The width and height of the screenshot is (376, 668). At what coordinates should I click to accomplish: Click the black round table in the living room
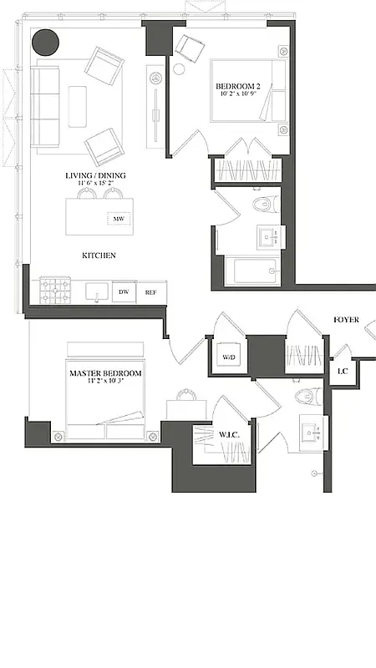[45, 43]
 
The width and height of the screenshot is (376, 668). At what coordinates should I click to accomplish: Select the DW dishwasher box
[124, 292]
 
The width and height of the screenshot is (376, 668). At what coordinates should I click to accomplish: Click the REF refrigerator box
[150, 292]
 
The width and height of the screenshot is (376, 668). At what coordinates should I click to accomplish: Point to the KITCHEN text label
[99, 256]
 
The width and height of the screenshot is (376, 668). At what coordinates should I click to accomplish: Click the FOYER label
[347, 320]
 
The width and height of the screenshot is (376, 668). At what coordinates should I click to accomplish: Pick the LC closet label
[342, 371]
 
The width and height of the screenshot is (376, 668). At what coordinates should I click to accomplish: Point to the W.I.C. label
[231, 434]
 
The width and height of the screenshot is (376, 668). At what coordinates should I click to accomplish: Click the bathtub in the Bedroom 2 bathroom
[251, 271]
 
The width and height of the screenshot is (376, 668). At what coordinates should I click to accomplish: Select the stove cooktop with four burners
[55, 291]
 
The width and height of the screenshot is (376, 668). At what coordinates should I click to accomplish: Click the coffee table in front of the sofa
[78, 107]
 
